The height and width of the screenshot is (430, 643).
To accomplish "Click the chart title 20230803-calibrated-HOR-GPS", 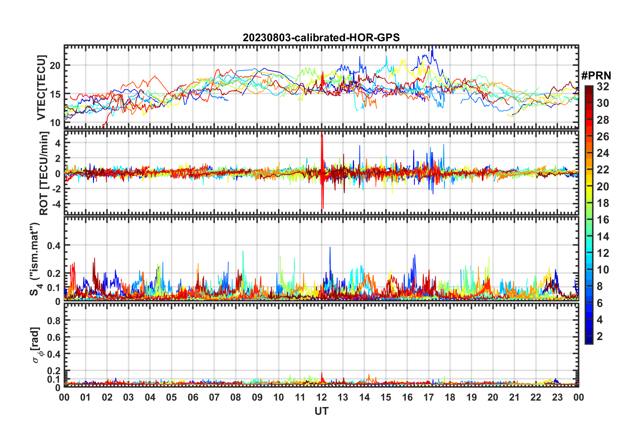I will coord(321,38).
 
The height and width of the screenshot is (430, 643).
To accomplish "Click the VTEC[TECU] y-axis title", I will coord(41,88).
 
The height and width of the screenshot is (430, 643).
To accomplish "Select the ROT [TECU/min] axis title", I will coord(44,173).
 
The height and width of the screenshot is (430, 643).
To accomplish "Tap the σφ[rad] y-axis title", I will coord(37,345).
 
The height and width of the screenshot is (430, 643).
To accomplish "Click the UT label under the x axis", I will coord(321,411).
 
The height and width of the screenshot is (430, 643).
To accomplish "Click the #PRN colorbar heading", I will coord(596,75).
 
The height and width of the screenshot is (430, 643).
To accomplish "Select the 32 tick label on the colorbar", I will coord(603,87).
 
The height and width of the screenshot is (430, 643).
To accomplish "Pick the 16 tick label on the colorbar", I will coord(603,220).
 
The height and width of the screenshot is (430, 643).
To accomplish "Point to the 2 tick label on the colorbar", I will coord(600,336).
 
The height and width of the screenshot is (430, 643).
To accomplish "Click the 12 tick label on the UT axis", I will coord(321,397).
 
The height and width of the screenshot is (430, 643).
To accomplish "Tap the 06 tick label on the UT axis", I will coord(193,397).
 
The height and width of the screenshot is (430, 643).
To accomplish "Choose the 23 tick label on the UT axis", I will coord(557,397).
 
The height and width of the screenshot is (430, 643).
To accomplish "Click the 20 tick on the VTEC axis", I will coord(55,66).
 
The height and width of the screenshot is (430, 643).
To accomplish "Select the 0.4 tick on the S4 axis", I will coord(54,245).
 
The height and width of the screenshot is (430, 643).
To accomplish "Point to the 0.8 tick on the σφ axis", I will coord(54,320).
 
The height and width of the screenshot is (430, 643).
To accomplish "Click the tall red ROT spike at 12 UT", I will coord(322,135).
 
